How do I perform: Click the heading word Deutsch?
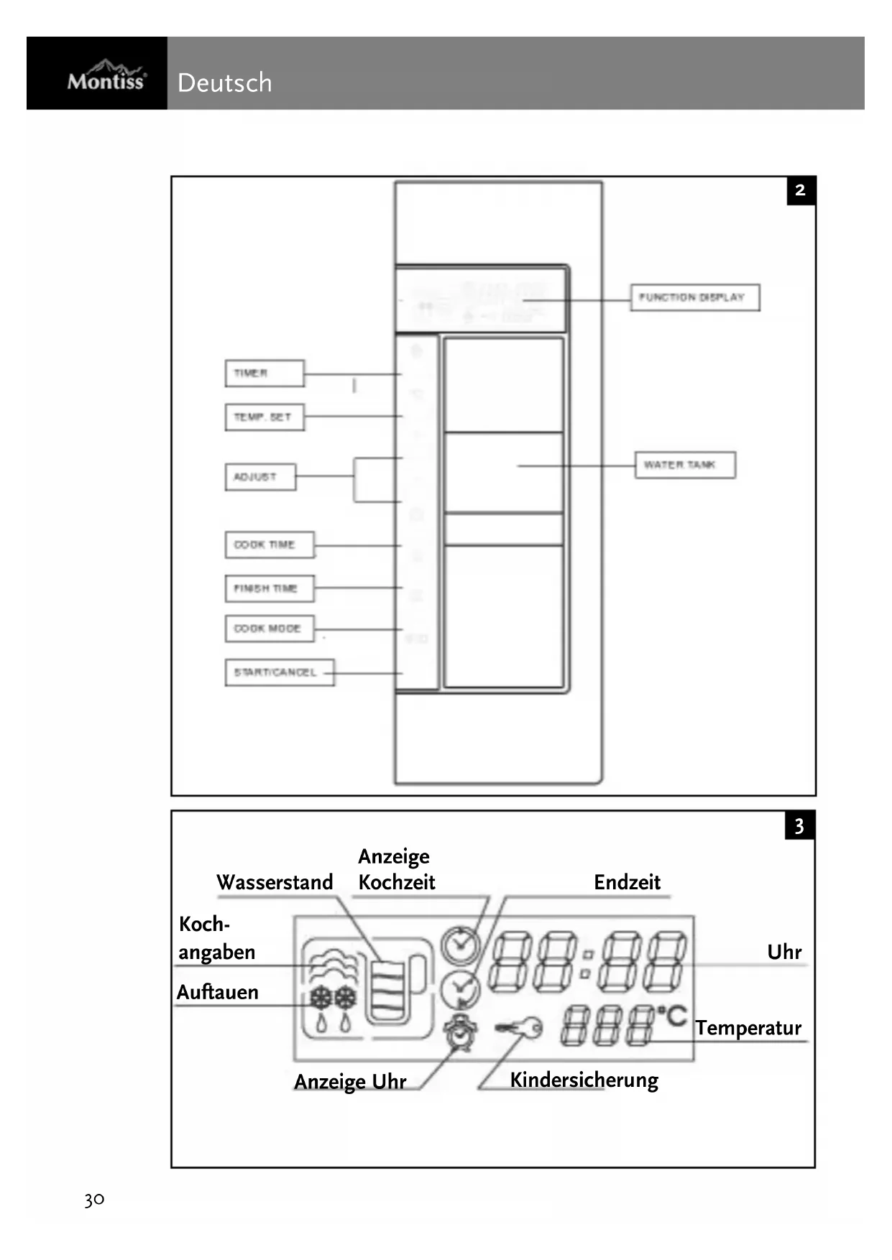pos(224,83)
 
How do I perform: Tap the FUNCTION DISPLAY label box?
pos(694,297)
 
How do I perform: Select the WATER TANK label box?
pos(684,465)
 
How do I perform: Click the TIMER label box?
pos(264,374)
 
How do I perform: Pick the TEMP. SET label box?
pos(264,417)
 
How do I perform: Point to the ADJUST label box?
pos(259,477)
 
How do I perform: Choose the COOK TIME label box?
pos(269,545)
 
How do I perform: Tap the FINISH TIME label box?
pos(269,588)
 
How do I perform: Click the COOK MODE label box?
pos(269,629)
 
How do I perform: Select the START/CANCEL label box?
pos(279,672)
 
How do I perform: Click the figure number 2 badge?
pos(801,191)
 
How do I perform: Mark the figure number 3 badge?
pos(799,826)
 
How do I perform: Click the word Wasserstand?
pos(275,882)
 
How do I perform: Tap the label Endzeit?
pos(627,882)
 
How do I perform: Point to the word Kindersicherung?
pos(584,1080)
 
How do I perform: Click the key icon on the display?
pos(520,1029)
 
